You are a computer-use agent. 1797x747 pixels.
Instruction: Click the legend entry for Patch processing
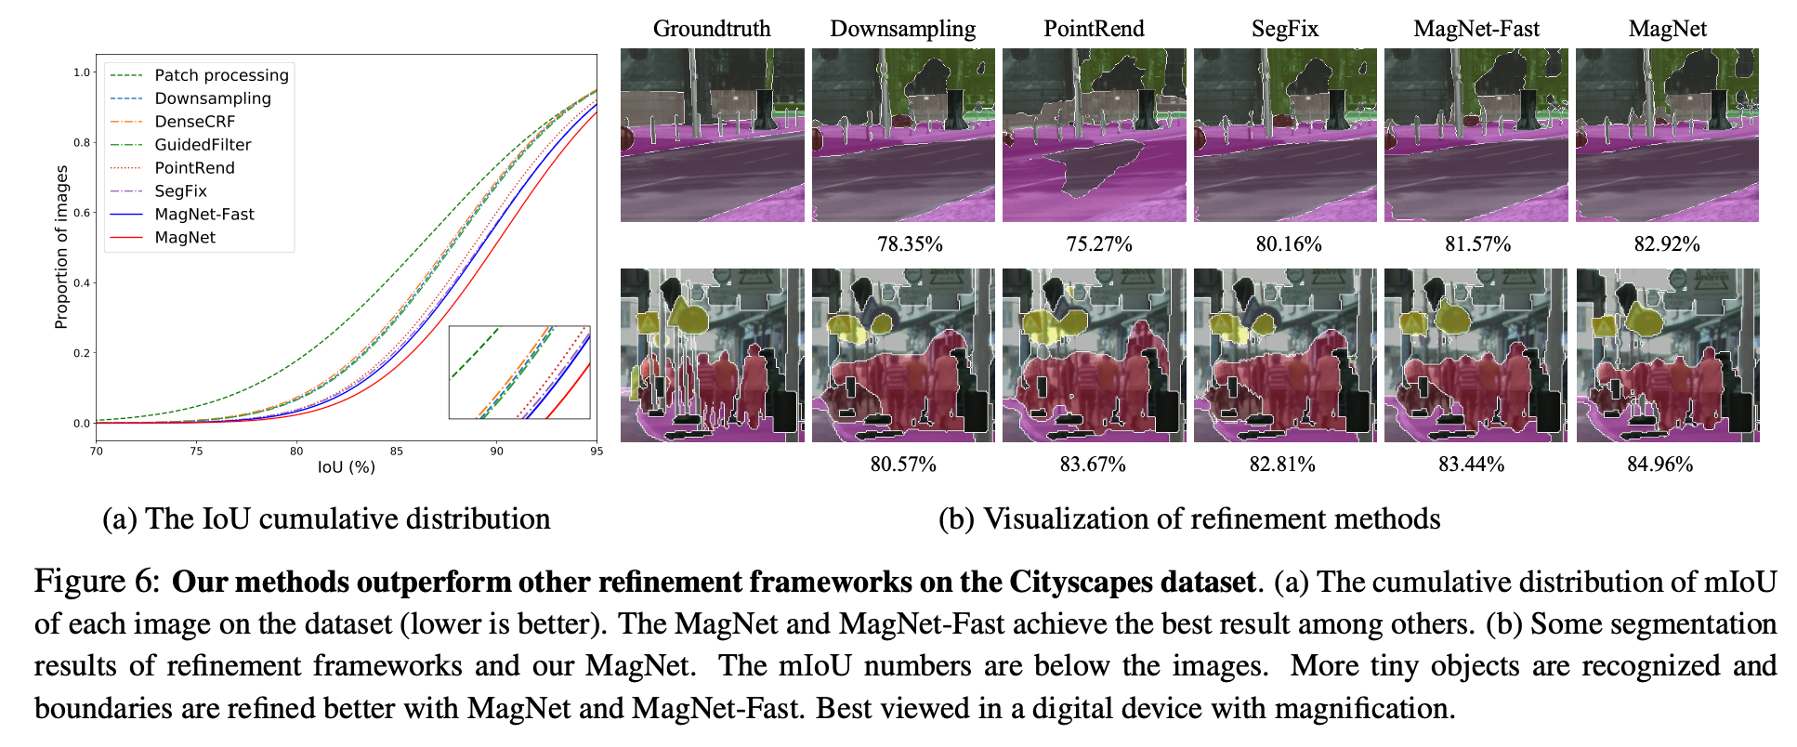[x=221, y=75]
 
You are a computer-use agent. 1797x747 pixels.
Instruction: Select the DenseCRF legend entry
[x=194, y=122]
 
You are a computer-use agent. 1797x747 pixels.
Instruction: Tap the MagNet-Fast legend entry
[x=203, y=215]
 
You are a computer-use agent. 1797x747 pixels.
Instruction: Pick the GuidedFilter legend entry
[x=203, y=145]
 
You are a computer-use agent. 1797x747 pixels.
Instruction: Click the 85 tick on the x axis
[x=397, y=452]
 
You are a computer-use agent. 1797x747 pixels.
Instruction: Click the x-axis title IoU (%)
[x=347, y=467]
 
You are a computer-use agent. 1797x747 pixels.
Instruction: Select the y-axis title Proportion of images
[x=61, y=247]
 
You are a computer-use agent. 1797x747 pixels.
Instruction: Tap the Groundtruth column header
[x=712, y=29]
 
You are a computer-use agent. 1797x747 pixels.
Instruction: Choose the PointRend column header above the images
[x=1094, y=29]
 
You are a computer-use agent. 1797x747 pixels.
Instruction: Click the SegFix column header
[x=1284, y=29]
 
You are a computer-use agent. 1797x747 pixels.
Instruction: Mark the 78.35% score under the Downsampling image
[x=910, y=244]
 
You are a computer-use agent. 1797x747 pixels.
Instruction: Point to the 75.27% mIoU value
[x=1099, y=244]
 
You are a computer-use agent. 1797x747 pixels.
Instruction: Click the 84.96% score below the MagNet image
[x=1659, y=464]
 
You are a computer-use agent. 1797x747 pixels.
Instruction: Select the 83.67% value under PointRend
[x=1093, y=464]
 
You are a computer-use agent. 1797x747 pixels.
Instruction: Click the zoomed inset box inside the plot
[x=519, y=372]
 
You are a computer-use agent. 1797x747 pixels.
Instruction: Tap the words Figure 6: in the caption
[x=98, y=582]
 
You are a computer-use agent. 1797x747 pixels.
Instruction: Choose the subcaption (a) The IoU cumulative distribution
[x=326, y=518]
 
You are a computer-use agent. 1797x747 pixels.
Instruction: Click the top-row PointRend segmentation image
[x=1094, y=135]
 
